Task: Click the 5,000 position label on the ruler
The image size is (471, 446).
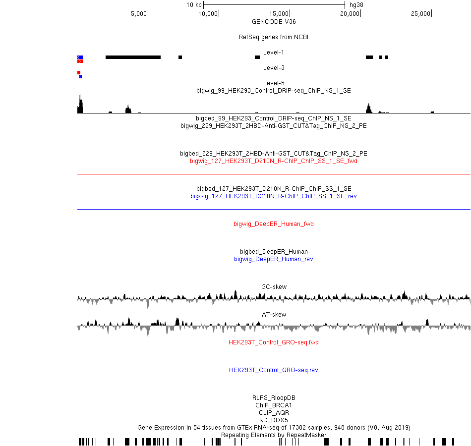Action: pos(139,14)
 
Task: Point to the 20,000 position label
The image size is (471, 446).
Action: pos(350,14)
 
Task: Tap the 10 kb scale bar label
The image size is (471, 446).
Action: pos(194,5)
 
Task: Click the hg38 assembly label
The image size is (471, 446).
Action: pos(356,5)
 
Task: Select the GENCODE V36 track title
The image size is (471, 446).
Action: pos(274,22)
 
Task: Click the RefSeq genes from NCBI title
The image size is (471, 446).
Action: pos(274,37)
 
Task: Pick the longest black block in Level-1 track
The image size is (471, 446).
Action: pos(133,57)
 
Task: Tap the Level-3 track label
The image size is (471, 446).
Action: pos(274,67)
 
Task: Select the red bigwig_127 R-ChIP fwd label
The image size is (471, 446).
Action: pos(274,161)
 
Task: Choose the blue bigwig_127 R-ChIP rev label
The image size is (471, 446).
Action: pos(274,196)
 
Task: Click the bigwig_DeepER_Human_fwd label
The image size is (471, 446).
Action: pos(274,224)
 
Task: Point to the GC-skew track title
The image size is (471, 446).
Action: pos(274,287)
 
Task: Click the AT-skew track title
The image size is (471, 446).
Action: pos(274,315)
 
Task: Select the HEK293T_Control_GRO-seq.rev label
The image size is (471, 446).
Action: pos(274,370)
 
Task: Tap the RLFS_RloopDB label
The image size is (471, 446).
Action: pos(274,398)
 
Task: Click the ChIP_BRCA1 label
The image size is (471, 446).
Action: pos(274,405)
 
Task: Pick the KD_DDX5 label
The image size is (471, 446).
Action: pos(274,420)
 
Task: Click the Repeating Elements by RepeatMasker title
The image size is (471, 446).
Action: pos(274,435)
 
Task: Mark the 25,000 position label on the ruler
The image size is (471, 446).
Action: pos(420,14)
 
